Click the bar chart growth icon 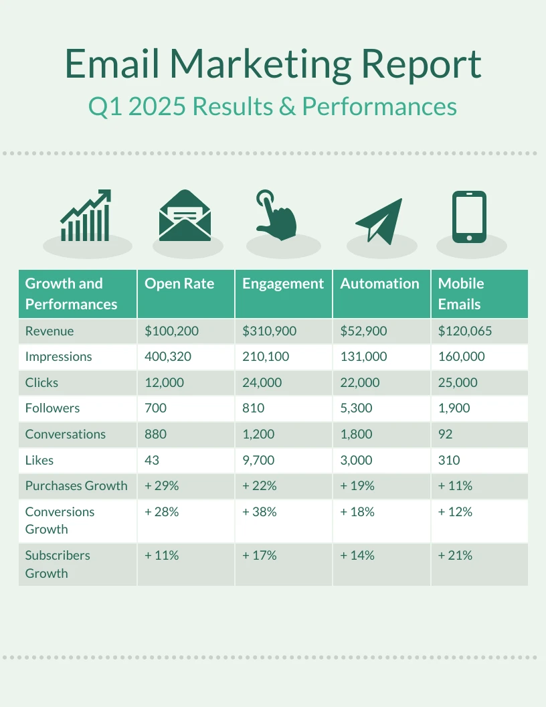(86, 216)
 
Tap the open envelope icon (185, 216)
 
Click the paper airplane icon (379, 220)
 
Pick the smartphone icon (469, 217)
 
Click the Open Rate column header (179, 284)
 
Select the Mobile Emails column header (460, 294)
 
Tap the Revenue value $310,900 (269, 331)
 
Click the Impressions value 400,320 (168, 357)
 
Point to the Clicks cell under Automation (360, 383)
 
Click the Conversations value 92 (446, 435)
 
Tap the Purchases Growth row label (76, 486)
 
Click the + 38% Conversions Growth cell (260, 512)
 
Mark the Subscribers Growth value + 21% (455, 556)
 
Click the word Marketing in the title (260, 64)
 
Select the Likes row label (39, 461)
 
